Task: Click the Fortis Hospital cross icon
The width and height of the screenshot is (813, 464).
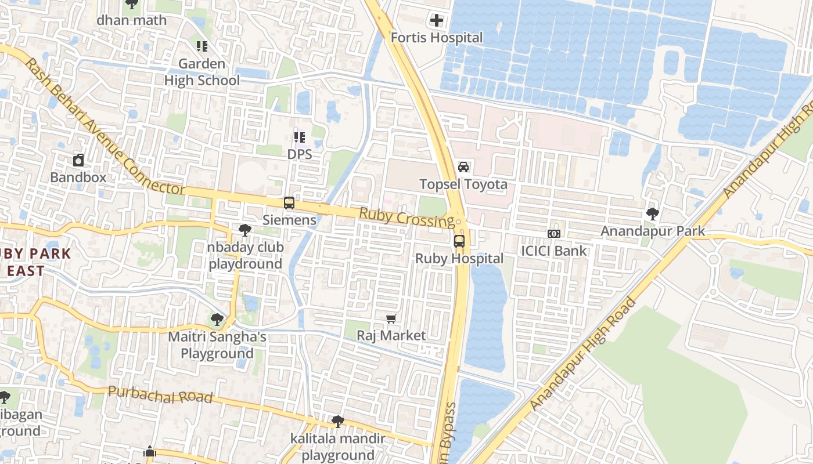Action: tap(436, 21)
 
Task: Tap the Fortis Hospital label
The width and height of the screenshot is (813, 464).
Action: tap(436, 38)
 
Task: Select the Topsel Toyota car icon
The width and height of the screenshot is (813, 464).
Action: tap(463, 167)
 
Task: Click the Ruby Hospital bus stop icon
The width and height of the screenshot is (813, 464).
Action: tap(459, 241)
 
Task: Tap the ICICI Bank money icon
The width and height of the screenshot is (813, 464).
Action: tap(554, 233)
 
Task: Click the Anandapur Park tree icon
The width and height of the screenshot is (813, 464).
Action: tap(653, 214)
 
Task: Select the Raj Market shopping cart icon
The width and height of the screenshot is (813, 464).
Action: tap(391, 318)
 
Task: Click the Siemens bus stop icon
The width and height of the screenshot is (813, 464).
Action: tap(289, 203)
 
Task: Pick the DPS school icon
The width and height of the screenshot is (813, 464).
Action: tap(300, 137)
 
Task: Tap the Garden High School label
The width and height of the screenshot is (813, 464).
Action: tap(202, 72)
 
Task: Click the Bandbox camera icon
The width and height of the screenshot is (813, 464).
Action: tap(78, 159)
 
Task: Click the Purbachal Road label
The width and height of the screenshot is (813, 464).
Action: tap(160, 395)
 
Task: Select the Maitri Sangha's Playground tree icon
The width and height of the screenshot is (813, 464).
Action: tap(217, 319)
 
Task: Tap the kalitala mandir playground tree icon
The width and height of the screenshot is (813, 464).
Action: tap(337, 421)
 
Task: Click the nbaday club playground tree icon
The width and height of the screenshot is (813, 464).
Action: tap(245, 230)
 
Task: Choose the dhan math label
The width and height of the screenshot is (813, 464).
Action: tap(132, 20)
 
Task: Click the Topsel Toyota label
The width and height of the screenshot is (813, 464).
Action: tap(463, 184)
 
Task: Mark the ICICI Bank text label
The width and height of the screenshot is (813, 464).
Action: tap(554, 251)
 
